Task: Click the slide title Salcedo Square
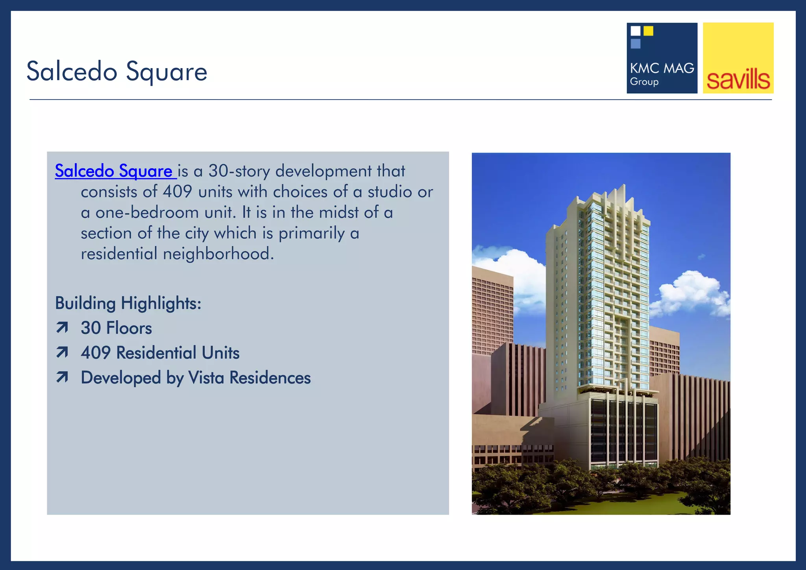pos(117,72)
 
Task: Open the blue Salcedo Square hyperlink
pos(114,171)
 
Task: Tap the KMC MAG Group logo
pos(662,58)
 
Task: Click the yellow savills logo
pos(738,58)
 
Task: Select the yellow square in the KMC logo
pos(648,31)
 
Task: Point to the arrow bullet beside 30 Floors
pos(62,327)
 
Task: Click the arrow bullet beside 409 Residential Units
pos(62,352)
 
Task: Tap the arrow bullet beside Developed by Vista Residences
pos(62,377)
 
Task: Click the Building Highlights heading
pos(128,303)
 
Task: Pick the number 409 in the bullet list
pos(96,353)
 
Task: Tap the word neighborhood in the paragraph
pos(218,254)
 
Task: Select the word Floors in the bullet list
pos(129,328)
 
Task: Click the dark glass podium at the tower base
pos(624,433)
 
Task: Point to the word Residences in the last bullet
pos(270,378)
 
